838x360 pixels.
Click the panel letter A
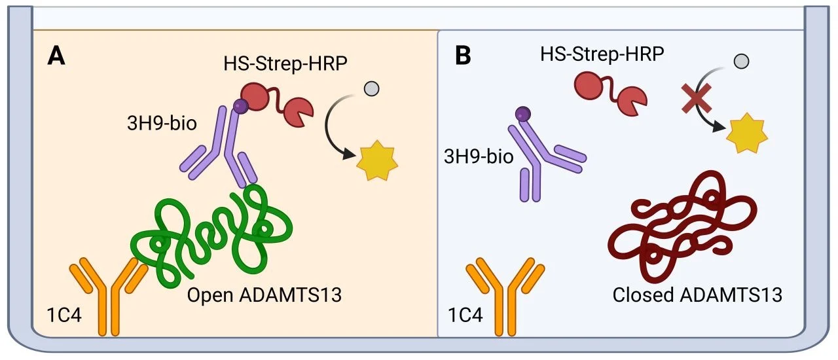[57, 56]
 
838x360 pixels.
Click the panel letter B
[463, 56]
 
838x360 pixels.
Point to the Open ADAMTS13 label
[264, 295]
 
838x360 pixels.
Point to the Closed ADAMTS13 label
[697, 295]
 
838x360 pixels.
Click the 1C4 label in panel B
[465, 315]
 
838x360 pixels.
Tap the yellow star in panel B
[747, 135]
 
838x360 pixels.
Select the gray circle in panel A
[371, 88]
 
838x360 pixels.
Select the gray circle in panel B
[741, 62]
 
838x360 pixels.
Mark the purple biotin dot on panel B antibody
[522, 115]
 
